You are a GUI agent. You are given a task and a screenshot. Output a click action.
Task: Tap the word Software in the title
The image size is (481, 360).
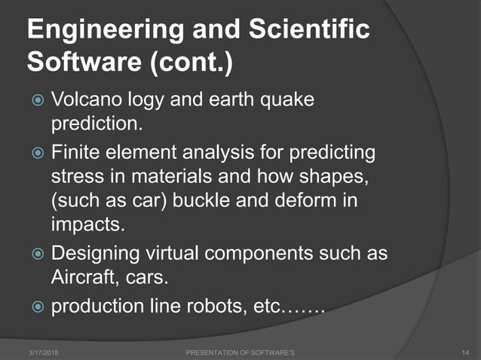[x=77, y=63]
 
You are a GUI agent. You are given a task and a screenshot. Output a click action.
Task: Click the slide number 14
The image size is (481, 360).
[x=464, y=352]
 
